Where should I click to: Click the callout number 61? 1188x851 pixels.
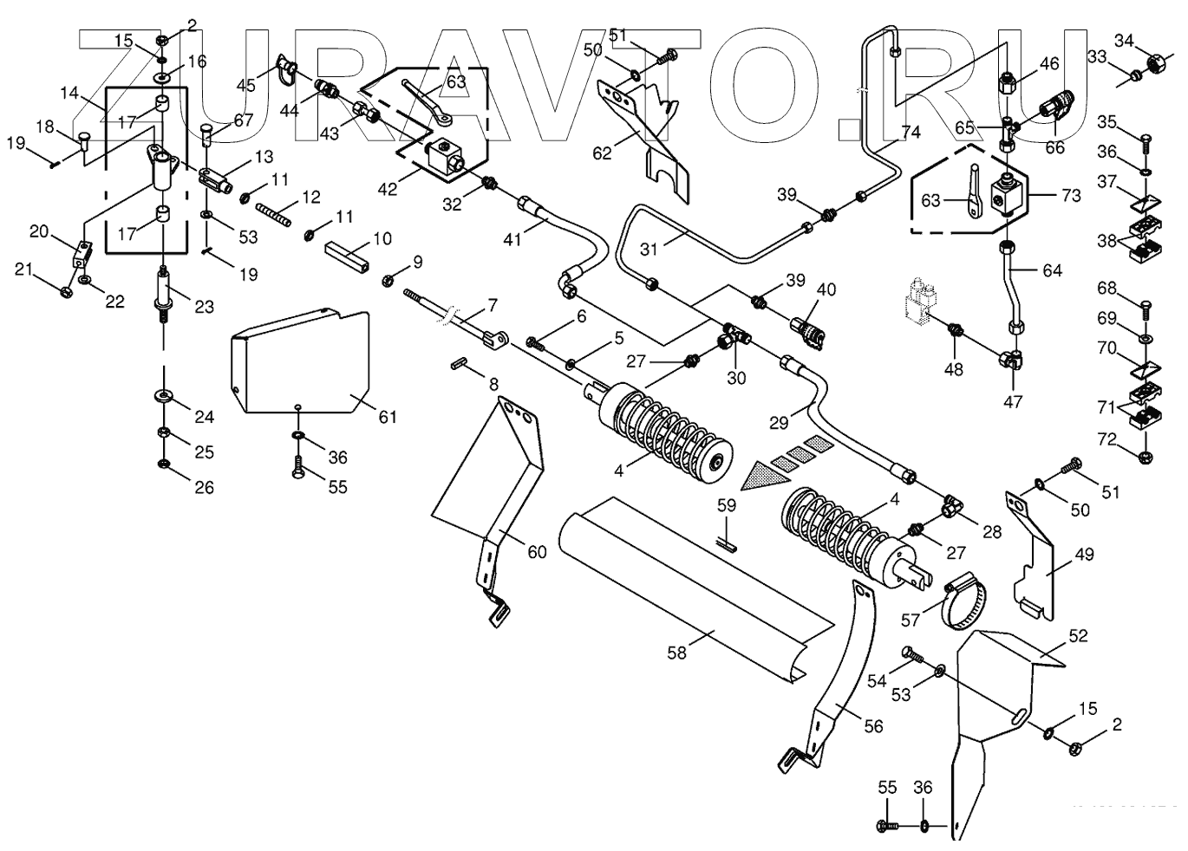[388, 417]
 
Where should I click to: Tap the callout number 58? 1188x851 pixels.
[676, 653]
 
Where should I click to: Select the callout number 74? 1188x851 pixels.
[910, 133]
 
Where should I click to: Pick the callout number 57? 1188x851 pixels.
[911, 620]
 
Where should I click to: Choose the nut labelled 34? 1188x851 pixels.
[1154, 63]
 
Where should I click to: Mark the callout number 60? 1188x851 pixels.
[537, 551]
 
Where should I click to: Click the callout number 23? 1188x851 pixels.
[204, 306]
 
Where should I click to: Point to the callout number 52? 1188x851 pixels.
[1078, 635]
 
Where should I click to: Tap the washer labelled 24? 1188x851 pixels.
[164, 396]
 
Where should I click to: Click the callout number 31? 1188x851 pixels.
[649, 249]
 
